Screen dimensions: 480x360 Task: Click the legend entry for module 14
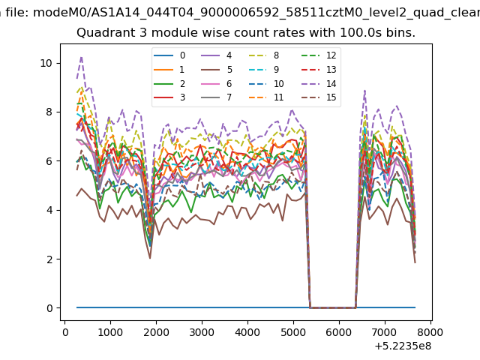click(x=319, y=84)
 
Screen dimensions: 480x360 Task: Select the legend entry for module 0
click(x=169, y=55)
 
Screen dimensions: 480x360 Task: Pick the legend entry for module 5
click(x=217, y=70)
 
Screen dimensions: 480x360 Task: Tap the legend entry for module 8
click(x=263, y=55)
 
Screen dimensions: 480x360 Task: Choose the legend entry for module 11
click(x=265, y=97)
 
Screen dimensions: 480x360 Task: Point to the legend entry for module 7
click(x=217, y=97)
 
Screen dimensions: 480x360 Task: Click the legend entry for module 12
click(x=319, y=55)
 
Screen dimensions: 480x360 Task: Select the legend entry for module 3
click(x=169, y=97)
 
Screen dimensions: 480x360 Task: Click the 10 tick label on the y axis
click(x=46, y=63)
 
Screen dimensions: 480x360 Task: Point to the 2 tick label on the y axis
click(x=49, y=259)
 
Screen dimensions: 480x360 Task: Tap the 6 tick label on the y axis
click(x=49, y=161)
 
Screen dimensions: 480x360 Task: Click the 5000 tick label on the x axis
click(x=293, y=332)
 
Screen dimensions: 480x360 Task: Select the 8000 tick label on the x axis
click(x=430, y=332)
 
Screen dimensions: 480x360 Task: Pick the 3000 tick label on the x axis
click(x=202, y=332)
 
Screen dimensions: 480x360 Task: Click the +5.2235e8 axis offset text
click(x=403, y=346)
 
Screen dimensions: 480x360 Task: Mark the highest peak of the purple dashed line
click(x=82, y=57)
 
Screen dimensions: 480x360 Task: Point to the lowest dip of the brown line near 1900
click(x=150, y=258)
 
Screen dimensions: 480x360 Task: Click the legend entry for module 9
click(x=263, y=70)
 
